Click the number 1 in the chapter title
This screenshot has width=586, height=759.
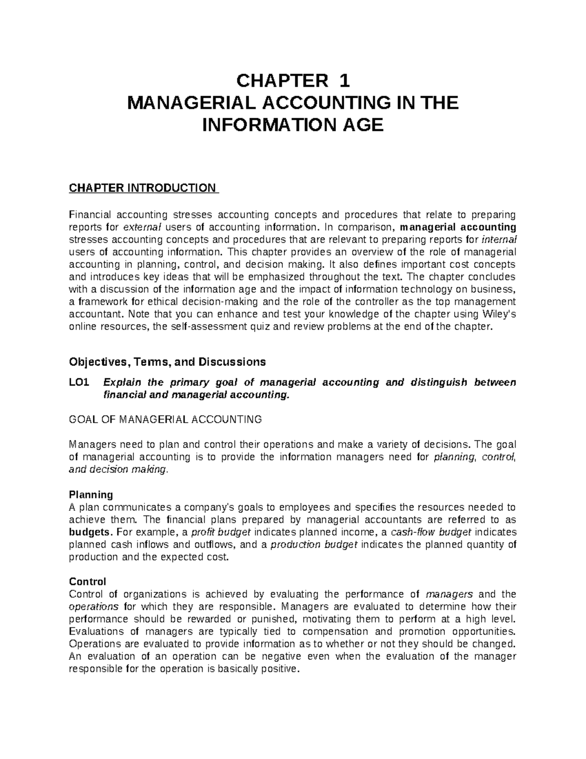coord(344,80)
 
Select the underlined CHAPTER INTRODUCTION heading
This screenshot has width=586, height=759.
coord(144,188)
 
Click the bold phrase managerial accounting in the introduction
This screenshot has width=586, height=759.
coord(458,227)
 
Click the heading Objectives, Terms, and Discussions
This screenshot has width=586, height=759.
coord(167,362)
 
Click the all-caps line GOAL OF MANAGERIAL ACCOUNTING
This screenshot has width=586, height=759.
coord(166,419)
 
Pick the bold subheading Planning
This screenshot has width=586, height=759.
coord(91,494)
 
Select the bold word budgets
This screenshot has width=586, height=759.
coord(90,532)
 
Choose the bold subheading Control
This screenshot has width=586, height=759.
coord(87,582)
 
